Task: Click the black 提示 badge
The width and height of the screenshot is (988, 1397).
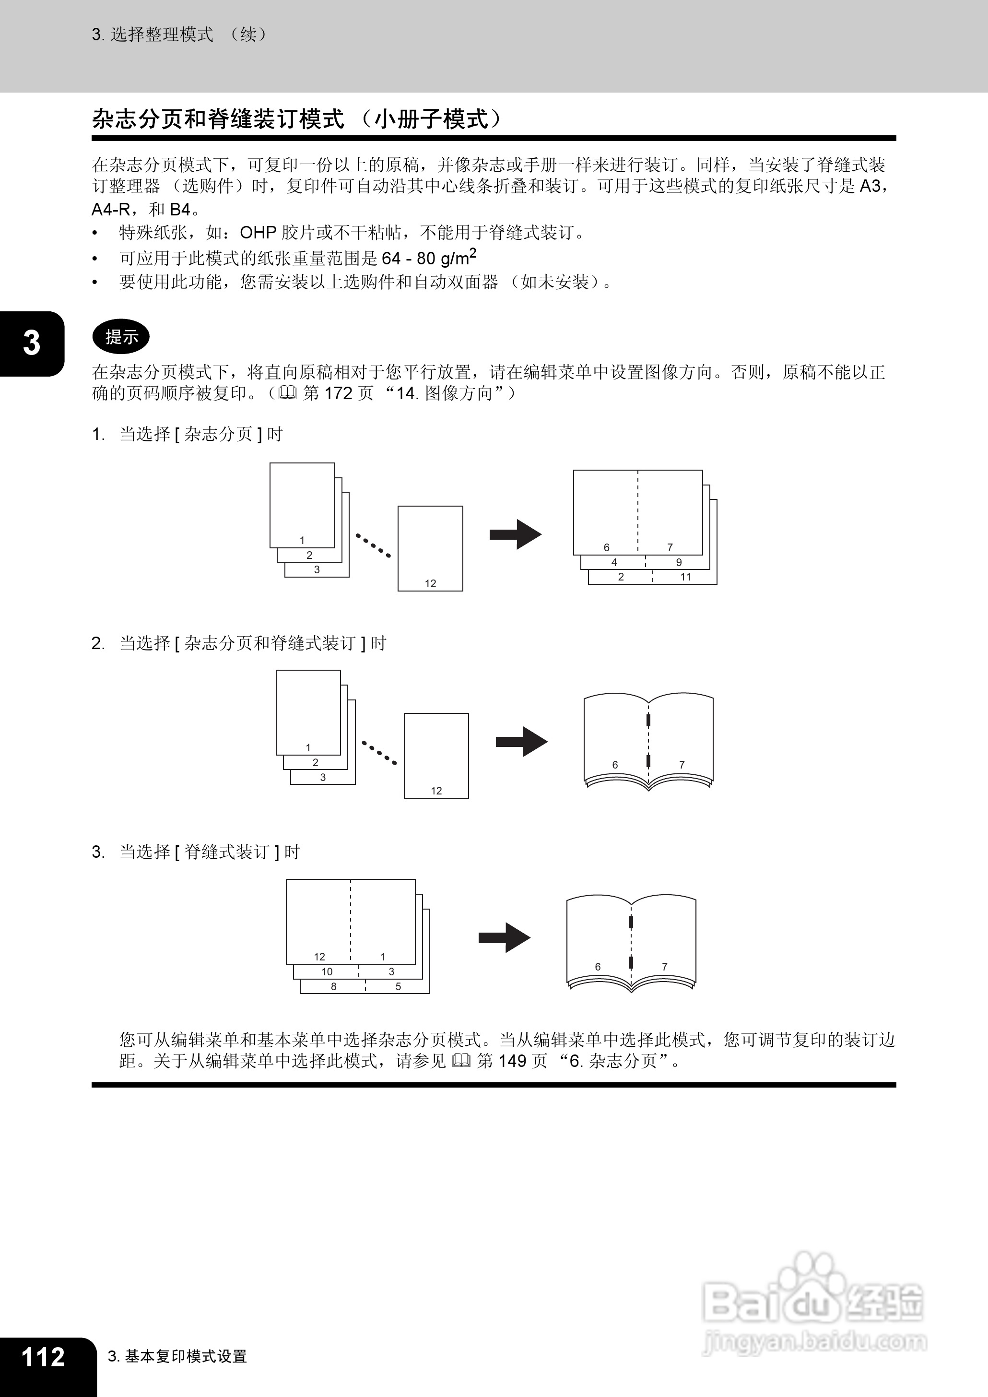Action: click(x=120, y=336)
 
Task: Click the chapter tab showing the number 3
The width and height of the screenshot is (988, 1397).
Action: click(x=31, y=343)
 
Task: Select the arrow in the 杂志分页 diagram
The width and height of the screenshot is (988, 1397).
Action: click(x=515, y=535)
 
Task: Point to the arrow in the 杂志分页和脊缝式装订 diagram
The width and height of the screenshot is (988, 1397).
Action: click(x=521, y=742)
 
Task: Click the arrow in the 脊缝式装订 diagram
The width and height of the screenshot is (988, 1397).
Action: click(x=505, y=937)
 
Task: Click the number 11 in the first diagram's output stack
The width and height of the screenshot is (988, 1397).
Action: click(x=686, y=577)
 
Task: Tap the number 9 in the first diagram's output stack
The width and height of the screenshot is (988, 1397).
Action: click(x=679, y=562)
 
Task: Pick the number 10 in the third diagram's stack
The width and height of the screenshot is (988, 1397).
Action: click(x=327, y=971)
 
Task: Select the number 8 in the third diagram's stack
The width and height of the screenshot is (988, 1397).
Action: click(x=333, y=986)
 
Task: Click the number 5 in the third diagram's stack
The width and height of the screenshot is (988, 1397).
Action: click(x=399, y=986)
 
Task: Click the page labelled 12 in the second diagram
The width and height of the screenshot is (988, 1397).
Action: click(x=436, y=755)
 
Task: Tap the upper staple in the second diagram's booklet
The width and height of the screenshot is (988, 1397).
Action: click(x=648, y=721)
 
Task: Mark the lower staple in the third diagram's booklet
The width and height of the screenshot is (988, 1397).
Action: click(x=632, y=962)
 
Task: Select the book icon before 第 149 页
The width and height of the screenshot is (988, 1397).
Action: click(x=461, y=1061)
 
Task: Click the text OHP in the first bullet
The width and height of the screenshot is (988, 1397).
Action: click(x=258, y=232)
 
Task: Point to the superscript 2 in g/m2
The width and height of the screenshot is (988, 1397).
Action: click(x=473, y=252)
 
